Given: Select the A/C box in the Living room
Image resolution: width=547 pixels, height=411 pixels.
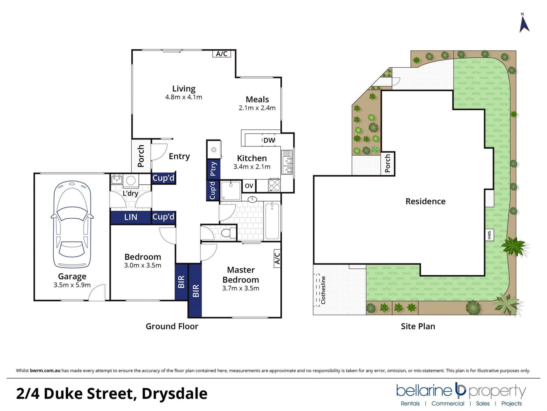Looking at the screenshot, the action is [221, 54].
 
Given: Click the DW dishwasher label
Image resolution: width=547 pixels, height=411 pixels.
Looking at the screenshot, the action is [269, 140].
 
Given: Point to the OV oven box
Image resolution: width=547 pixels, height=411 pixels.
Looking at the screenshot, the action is [249, 186].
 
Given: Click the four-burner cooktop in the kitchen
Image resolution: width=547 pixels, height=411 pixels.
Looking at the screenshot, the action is [274, 185].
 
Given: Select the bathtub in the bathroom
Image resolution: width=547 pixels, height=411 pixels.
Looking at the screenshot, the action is [272, 221].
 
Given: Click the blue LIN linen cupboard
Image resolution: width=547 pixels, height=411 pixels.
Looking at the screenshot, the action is [130, 217].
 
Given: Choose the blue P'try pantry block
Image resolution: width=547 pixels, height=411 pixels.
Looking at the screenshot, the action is [213, 169].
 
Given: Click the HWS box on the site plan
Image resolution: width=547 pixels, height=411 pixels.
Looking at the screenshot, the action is [489, 235].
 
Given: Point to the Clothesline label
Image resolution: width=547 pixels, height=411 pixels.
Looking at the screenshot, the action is [323, 290].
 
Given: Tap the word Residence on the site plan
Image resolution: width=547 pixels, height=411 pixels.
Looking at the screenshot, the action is [425, 201].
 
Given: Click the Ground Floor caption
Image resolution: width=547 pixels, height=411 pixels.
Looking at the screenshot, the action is [172, 326].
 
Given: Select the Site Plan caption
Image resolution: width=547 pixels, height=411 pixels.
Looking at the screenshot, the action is [418, 326].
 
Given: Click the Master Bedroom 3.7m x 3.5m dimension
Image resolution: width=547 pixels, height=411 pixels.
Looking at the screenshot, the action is [241, 288].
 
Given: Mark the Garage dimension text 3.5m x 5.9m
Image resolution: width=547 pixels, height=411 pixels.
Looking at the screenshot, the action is [72, 285].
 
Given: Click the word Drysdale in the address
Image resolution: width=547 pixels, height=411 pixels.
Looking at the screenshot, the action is [174, 394].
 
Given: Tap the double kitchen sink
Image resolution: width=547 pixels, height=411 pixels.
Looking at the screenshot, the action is [287, 162].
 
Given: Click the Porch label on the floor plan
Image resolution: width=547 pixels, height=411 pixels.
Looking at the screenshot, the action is [141, 156].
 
